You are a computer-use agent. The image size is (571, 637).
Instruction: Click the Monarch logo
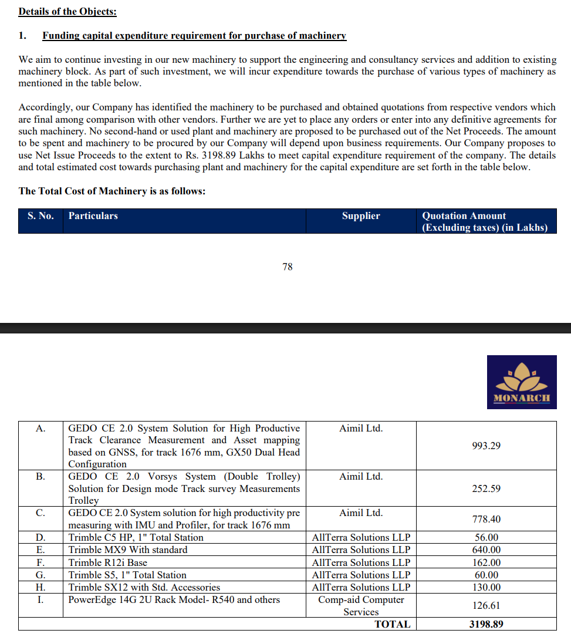[x=521, y=382]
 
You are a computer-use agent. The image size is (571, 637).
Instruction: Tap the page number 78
[x=288, y=267]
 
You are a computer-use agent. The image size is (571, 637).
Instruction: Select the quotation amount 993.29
[x=486, y=446]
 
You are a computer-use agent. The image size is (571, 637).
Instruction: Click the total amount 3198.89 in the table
[x=486, y=624]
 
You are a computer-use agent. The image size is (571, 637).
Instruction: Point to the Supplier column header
[x=361, y=215]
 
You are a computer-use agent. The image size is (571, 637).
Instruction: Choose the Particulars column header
[x=93, y=215]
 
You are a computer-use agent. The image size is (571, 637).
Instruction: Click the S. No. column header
[x=40, y=215]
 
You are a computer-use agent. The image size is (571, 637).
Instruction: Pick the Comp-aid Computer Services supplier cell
[x=361, y=606]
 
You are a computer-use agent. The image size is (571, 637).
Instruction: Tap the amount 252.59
[x=486, y=488]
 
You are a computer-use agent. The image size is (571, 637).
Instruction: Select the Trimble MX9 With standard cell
[x=128, y=550]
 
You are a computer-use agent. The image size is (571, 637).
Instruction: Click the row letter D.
[x=40, y=537]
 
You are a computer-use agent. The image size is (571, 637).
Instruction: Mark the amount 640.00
[x=486, y=550]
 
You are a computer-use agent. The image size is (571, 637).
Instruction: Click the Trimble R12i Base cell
[x=108, y=562]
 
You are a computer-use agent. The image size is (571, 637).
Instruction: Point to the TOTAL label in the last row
[x=392, y=624]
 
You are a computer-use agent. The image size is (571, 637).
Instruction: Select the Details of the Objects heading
[x=67, y=11]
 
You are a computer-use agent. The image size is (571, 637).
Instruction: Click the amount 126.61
[x=486, y=605]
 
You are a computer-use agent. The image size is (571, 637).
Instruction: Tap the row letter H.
[x=40, y=587]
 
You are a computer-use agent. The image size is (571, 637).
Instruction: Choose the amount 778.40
[x=486, y=519]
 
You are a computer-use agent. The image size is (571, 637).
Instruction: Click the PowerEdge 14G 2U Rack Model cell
[x=174, y=599]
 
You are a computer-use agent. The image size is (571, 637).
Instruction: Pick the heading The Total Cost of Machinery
[x=112, y=191]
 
